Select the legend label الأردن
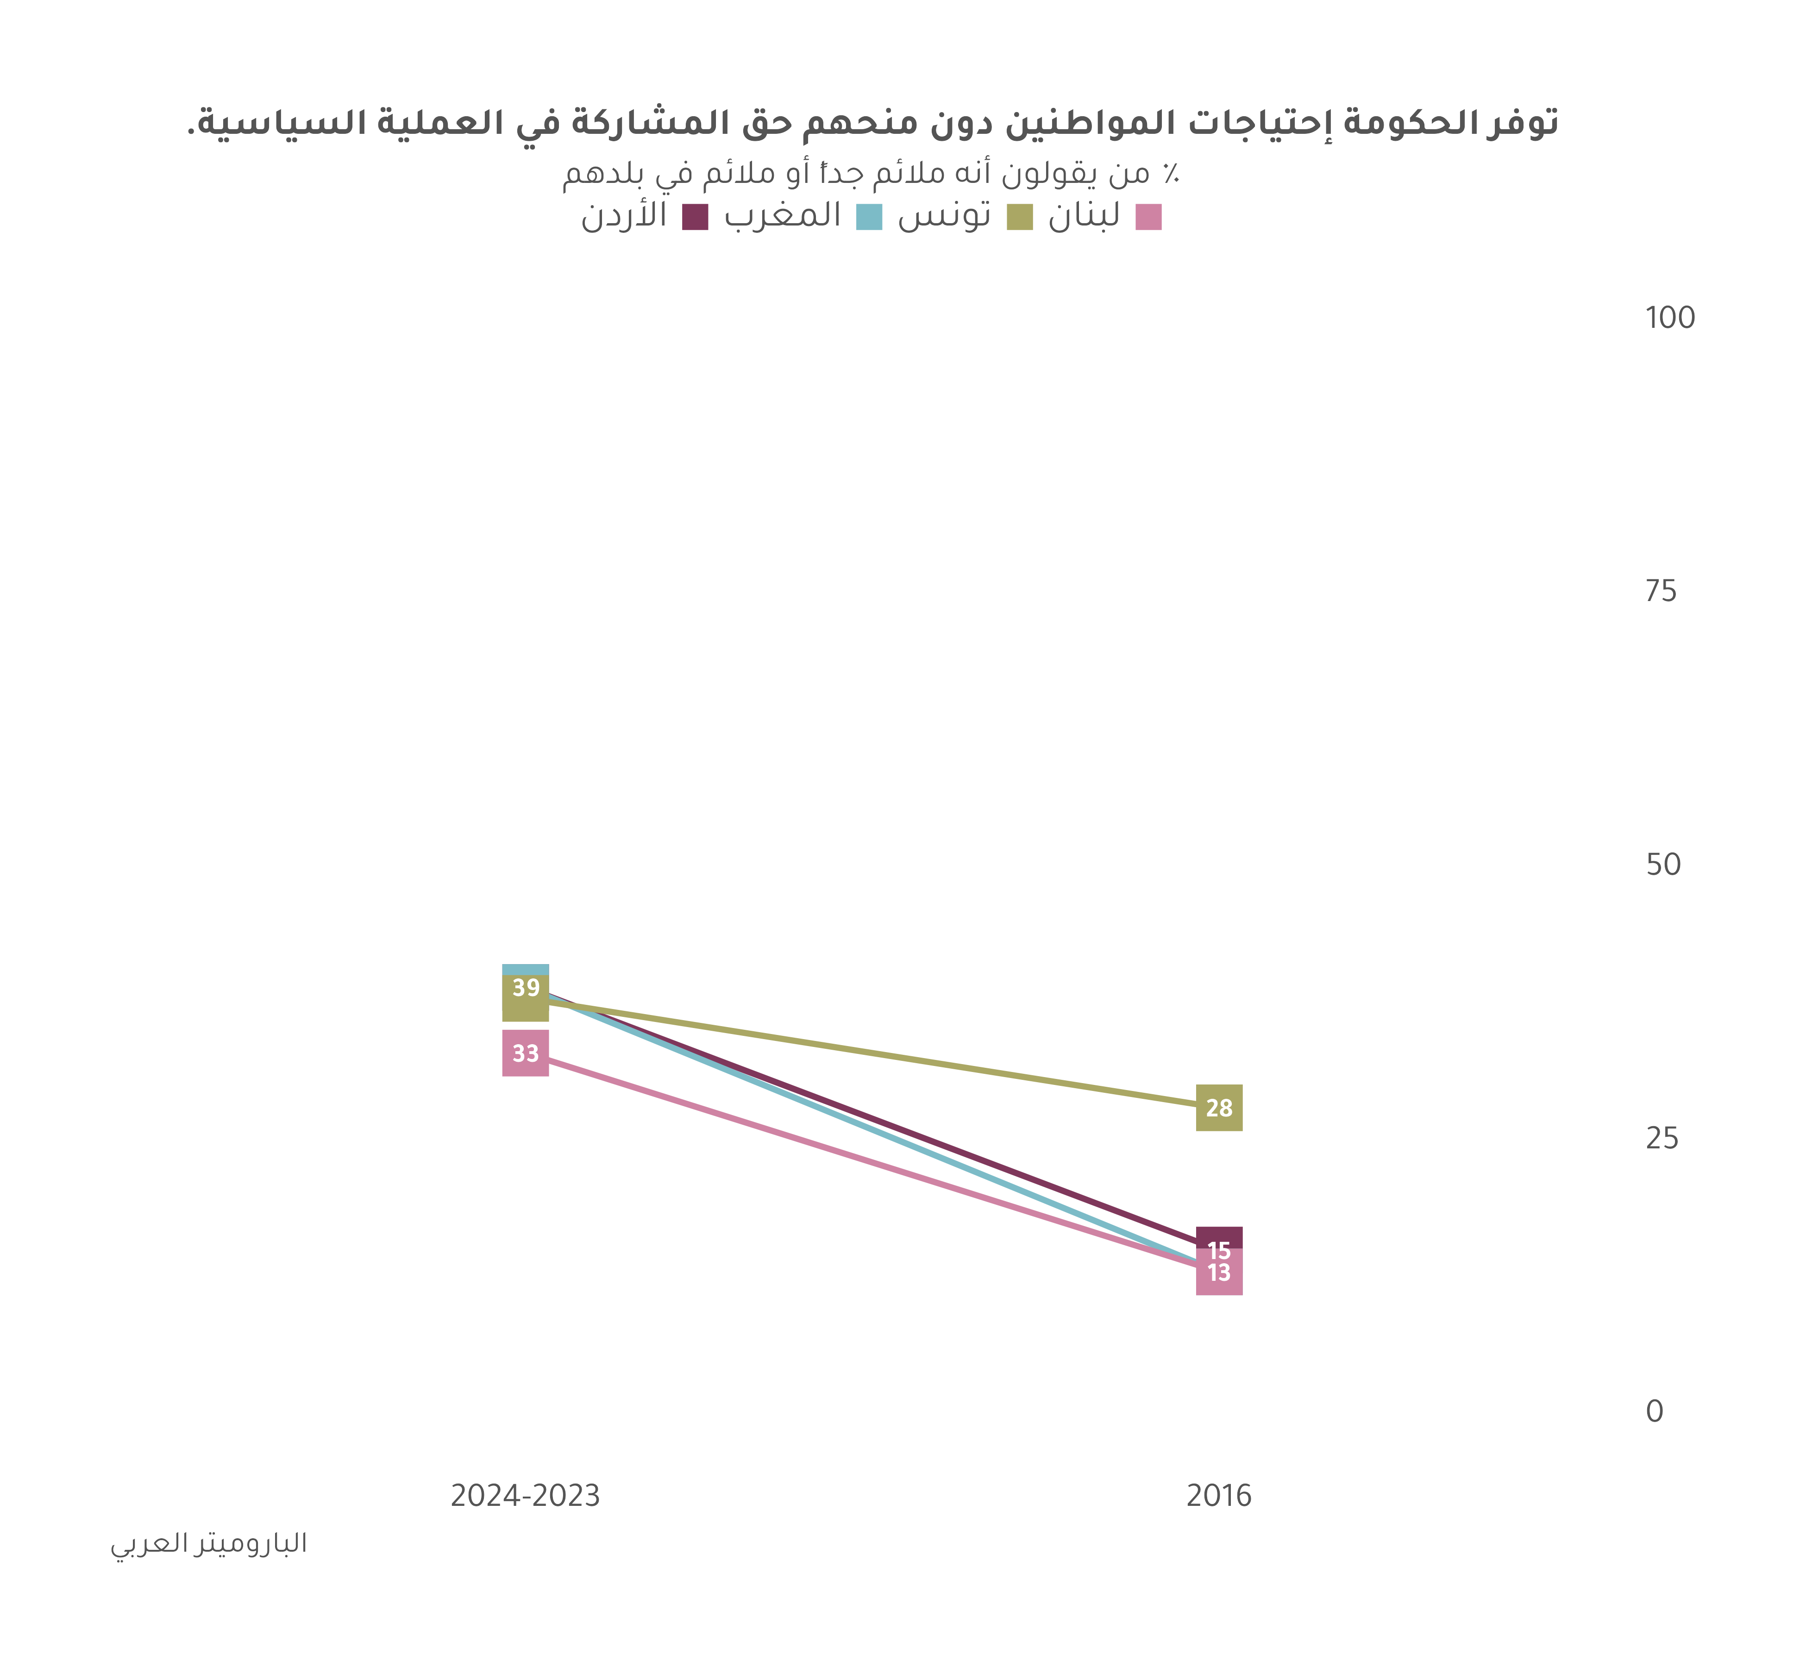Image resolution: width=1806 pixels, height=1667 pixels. click(x=624, y=217)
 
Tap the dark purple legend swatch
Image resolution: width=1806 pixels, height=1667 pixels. click(x=695, y=217)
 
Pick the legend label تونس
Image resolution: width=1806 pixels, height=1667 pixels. click(x=945, y=217)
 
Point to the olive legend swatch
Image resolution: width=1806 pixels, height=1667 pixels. click(x=1019, y=217)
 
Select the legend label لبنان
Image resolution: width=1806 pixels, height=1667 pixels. click(x=1084, y=217)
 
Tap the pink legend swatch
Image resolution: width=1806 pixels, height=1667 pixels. click(x=1148, y=217)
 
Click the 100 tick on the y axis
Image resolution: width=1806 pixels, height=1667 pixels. click(x=1670, y=318)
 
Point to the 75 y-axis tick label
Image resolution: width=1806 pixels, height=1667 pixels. click(x=1661, y=592)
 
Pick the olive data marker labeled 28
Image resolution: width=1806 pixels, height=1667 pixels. click(x=1219, y=1108)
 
